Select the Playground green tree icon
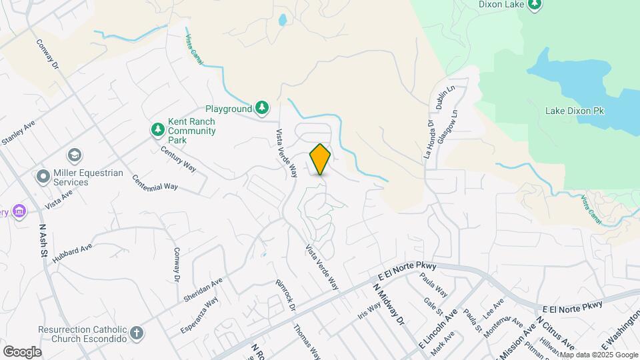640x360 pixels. tap(263, 108)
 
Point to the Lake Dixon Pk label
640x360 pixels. tap(574, 111)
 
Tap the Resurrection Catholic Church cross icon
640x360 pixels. tap(136, 333)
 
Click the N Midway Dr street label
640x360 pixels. tap(389, 303)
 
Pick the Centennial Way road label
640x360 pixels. tap(155, 182)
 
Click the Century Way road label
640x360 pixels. tap(178, 159)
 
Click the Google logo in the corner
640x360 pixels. tap(22, 352)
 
